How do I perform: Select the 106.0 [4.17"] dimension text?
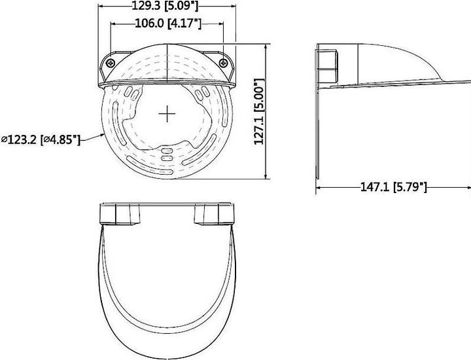tap(167, 24)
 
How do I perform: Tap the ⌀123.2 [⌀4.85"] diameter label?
tap(41, 139)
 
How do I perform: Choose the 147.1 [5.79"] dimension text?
tap(394, 187)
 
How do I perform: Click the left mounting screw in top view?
tap(110, 62)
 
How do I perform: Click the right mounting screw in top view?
tap(224, 62)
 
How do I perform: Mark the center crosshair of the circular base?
tap(167, 114)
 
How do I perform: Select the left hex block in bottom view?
tap(120, 215)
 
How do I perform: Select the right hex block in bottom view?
tap(215, 215)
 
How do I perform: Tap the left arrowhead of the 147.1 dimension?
tap(320, 187)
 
